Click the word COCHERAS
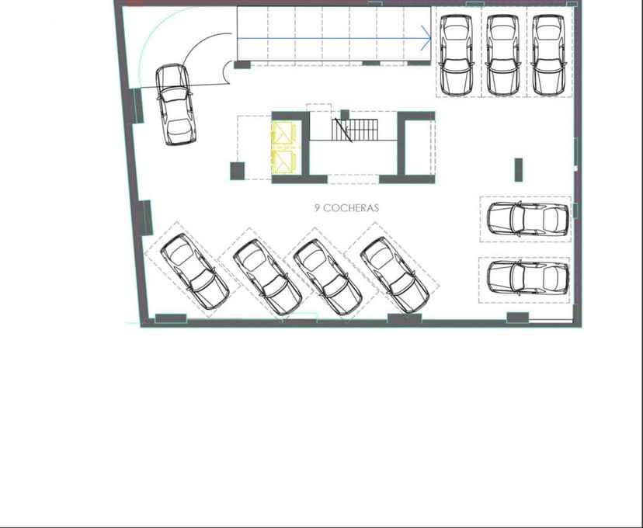[350, 208]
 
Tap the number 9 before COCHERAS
[317, 208]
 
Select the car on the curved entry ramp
[175, 104]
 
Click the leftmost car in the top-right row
[455, 52]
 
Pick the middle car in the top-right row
[502, 52]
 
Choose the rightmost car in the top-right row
[547, 52]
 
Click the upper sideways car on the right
[527, 220]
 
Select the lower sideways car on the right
[527, 276]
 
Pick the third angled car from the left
[326, 276]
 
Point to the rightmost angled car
[394, 274]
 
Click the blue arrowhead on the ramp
[426, 36]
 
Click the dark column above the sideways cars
[518, 169]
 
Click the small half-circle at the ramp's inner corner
[228, 73]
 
